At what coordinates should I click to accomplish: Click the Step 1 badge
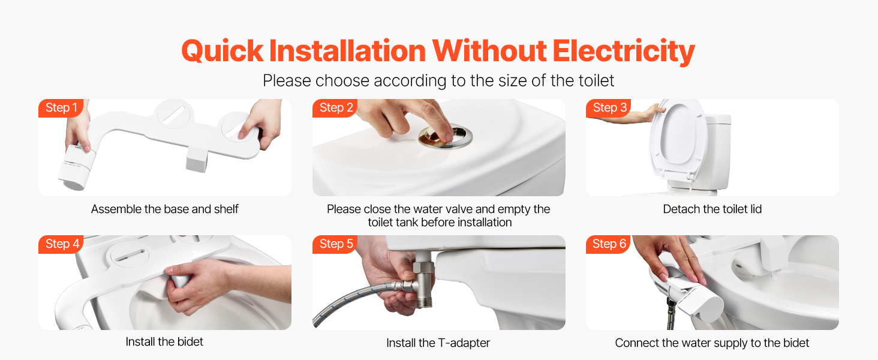(x=61, y=108)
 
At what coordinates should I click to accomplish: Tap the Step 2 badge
(x=335, y=108)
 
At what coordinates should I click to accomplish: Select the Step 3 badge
(x=609, y=108)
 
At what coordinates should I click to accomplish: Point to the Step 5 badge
(x=335, y=244)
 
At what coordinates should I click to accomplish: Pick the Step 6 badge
(x=609, y=244)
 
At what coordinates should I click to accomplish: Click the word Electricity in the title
(x=624, y=52)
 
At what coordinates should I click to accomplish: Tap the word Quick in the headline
(x=222, y=52)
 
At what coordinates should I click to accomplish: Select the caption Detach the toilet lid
(x=712, y=209)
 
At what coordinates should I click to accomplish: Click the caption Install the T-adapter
(x=438, y=343)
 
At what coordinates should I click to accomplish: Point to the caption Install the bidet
(x=164, y=341)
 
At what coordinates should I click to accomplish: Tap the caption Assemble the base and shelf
(x=164, y=209)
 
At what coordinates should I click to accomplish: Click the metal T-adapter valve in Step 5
(x=422, y=283)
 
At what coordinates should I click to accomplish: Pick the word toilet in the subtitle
(x=595, y=80)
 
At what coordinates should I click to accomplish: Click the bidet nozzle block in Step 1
(x=196, y=159)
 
